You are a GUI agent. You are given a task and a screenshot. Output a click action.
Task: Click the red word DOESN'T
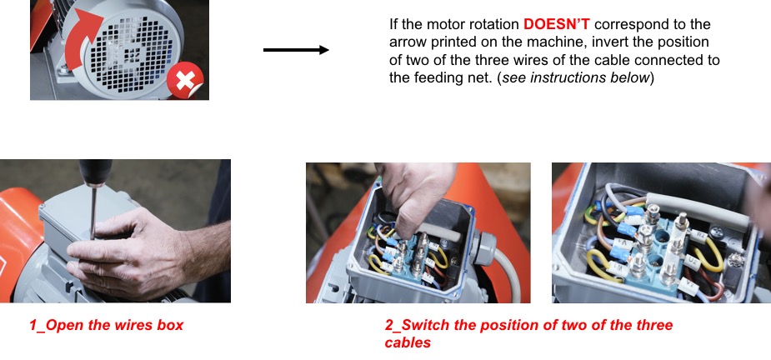coord(557,24)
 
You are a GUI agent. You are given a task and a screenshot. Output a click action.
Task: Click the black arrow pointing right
coord(296,50)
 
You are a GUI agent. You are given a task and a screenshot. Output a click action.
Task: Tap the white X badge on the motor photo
coord(185,80)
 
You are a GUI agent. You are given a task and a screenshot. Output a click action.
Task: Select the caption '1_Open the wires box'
coord(106,325)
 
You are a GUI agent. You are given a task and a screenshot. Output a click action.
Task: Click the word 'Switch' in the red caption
coord(428,325)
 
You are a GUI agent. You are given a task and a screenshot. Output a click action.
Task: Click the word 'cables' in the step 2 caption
coord(408,342)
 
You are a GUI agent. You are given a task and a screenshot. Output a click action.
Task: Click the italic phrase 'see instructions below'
coord(575,77)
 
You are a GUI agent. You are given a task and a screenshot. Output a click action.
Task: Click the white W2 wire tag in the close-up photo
coord(702,236)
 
